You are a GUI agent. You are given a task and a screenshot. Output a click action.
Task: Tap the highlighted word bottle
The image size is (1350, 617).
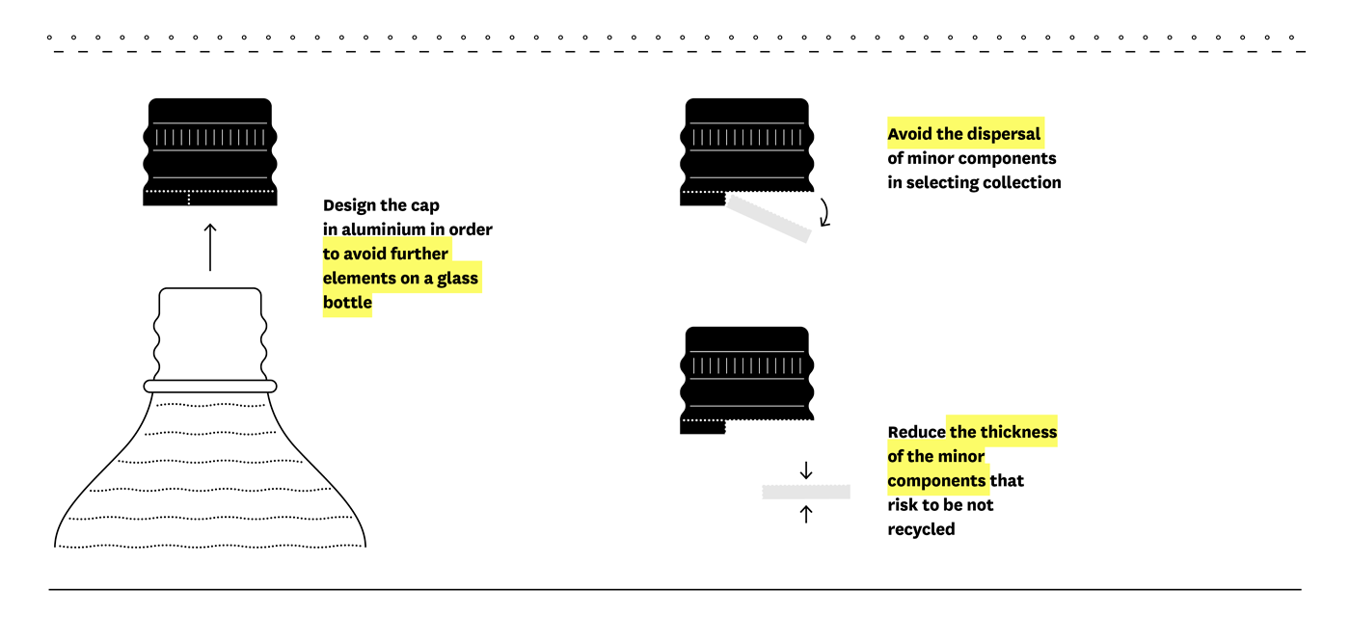347,302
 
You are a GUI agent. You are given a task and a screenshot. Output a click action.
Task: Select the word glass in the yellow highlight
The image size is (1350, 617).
457,279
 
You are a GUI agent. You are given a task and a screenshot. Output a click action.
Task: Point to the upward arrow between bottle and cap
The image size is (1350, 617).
210,247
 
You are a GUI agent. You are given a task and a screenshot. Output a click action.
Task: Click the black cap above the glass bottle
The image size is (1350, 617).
210,152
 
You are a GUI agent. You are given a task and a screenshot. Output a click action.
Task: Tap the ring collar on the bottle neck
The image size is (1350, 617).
210,387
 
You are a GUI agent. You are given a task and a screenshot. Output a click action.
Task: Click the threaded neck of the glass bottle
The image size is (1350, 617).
210,334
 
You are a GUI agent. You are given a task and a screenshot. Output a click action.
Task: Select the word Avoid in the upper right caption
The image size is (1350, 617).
910,134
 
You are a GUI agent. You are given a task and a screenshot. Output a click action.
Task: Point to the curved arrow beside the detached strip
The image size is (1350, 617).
825,213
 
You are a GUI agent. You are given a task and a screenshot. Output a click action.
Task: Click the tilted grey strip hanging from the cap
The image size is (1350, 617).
769,218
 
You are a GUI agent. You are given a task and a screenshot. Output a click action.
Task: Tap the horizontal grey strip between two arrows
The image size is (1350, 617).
806,493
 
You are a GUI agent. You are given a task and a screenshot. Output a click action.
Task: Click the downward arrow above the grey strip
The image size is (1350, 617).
806,470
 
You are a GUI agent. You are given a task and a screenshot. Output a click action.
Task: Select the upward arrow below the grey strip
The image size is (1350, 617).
806,514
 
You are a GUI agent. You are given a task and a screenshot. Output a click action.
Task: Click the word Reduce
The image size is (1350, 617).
916,432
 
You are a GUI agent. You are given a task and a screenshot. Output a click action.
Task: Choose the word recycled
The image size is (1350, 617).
921,529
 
